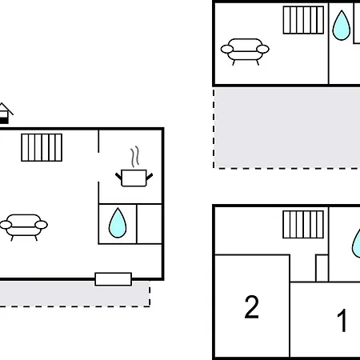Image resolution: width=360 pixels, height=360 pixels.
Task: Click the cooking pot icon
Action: coord(134,178)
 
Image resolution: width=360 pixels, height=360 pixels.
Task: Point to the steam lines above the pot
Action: coord(135,157)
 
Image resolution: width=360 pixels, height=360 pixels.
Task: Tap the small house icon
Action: coord(5,114)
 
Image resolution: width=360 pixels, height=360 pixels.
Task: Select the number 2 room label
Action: coord(251,307)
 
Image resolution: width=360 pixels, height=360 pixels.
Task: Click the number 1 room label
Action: coord(342,320)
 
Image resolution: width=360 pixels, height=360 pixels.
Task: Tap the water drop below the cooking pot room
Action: coord(118,223)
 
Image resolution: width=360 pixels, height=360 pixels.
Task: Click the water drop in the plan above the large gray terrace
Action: coord(342,26)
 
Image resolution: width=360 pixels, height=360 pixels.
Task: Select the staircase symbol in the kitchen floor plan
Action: coord(42,147)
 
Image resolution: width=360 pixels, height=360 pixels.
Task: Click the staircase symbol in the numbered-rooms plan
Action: coord(303,224)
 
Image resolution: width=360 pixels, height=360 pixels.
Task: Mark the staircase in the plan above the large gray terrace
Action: coord(303,20)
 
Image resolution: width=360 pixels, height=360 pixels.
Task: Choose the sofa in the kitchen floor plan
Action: coord(24,227)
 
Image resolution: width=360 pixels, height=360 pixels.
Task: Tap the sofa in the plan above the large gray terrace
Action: coord(245,51)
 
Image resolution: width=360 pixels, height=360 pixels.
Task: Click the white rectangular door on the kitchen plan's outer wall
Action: coord(114,279)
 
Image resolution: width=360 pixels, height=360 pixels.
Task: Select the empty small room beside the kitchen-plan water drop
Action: coord(150,224)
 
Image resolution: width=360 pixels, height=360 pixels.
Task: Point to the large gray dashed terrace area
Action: coord(287,128)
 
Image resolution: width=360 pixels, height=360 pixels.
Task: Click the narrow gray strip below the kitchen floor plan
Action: coord(74,294)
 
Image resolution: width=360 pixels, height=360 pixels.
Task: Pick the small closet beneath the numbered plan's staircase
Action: coord(322,268)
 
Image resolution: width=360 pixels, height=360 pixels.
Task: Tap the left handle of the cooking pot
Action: coord(118,176)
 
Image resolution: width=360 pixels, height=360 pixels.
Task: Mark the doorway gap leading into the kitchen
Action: coord(98,167)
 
